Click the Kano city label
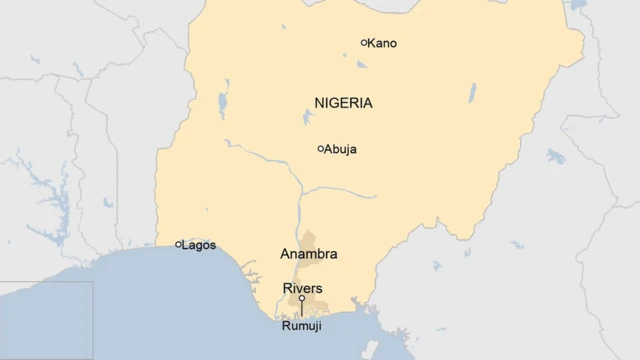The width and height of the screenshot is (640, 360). click(x=382, y=43)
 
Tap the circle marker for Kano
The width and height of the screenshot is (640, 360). click(x=364, y=42)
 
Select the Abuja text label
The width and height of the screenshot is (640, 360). click(x=340, y=150)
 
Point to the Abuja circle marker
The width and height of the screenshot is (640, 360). click(x=321, y=149)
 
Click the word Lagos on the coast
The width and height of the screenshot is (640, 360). click(x=199, y=244)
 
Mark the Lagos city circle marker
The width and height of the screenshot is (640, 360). click(x=179, y=244)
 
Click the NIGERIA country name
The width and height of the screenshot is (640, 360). click(x=343, y=103)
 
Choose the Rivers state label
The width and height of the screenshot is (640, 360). click(x=302, y=288)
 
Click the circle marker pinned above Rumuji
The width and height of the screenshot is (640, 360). click(x=302, y=298)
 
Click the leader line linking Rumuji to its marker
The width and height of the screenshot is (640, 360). click(x=302, y=308)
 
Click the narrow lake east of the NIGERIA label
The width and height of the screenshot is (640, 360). click(x=471, y=93)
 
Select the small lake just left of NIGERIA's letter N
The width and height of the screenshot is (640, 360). click(x=307, y=116)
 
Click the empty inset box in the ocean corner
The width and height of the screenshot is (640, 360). click(x=46, y=320)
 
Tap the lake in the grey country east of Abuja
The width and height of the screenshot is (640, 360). click(x=556, y=156)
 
